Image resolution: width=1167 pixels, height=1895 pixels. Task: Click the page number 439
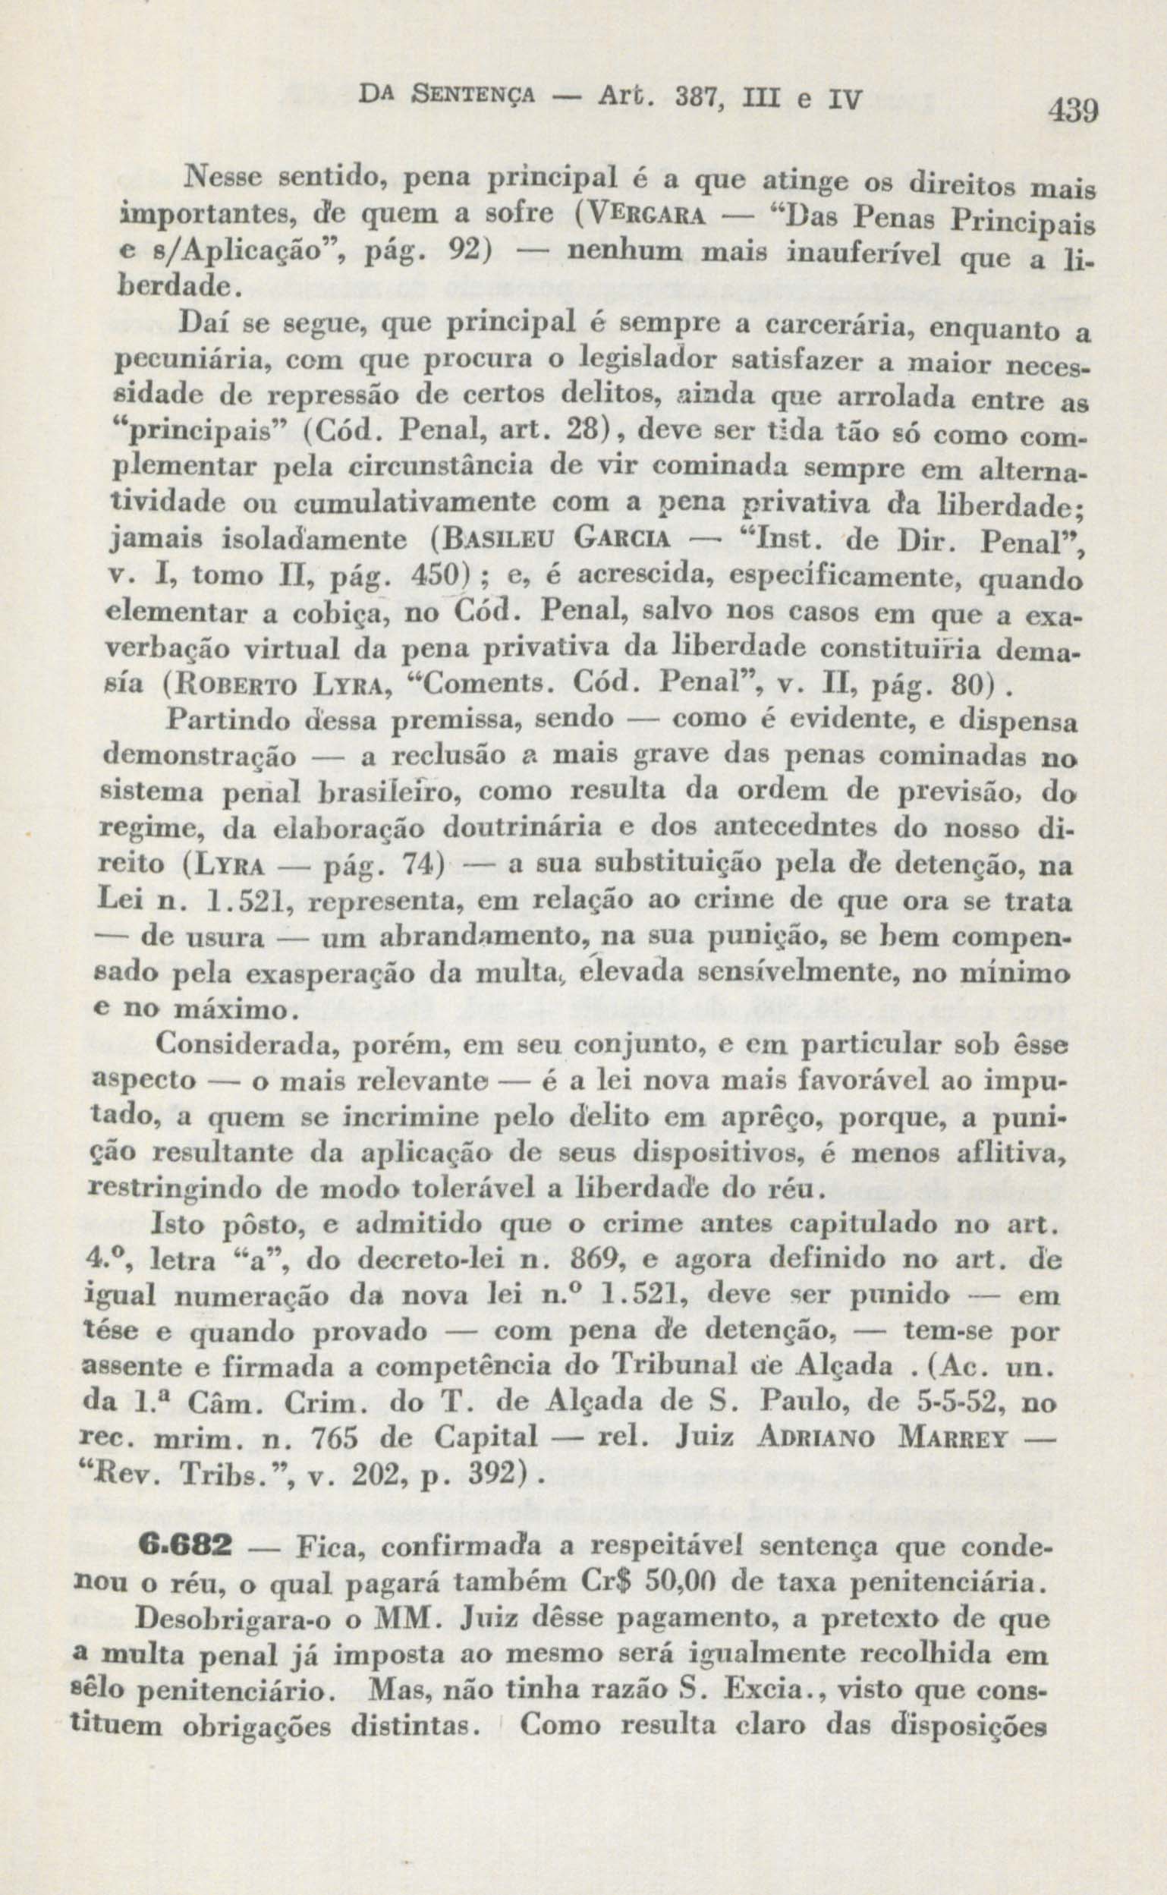(x=1072, y=112)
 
